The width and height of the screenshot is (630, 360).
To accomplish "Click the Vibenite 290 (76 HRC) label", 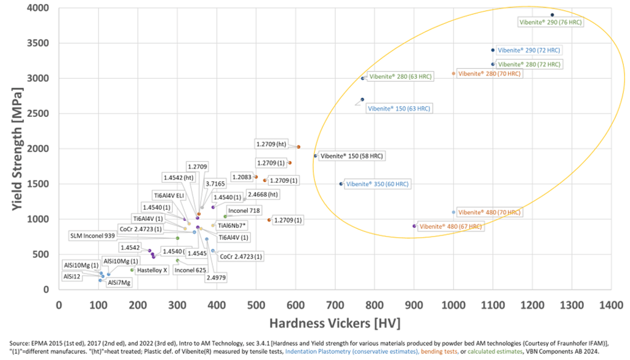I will [x=550, y=22].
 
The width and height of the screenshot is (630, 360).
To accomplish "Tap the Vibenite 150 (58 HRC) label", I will [x=351, y=156].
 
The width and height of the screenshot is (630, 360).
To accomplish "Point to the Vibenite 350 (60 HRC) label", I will [x=377, y=184].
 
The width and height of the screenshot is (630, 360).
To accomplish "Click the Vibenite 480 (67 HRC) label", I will [x=450, y=226].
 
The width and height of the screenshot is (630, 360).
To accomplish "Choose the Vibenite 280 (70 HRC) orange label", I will [x=489, y=74].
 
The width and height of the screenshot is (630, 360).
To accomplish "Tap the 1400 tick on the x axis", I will [x=612, y=305].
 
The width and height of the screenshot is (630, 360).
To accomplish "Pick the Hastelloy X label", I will [x=152, y=270].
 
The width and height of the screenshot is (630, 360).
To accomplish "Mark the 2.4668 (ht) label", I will [x=263, y=194].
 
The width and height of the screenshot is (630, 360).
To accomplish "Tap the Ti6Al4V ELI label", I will [x=169, y=195].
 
